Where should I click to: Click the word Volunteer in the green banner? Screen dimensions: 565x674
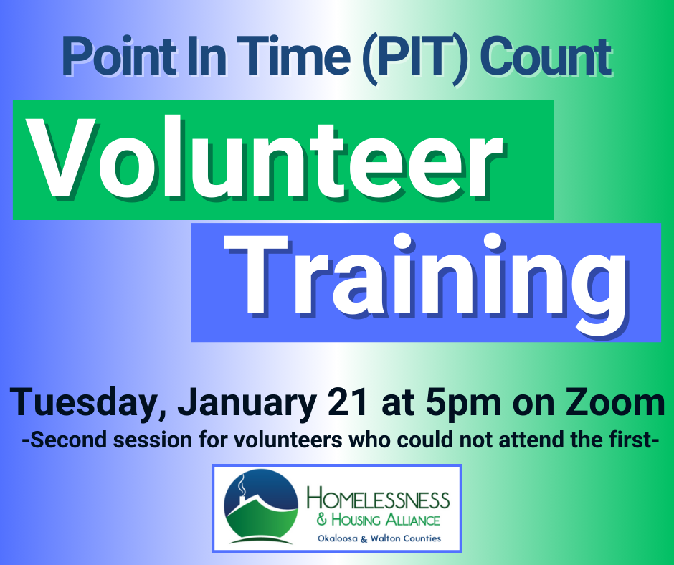(x=265, y=158)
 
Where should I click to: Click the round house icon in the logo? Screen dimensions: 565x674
(x=260, y=508)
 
